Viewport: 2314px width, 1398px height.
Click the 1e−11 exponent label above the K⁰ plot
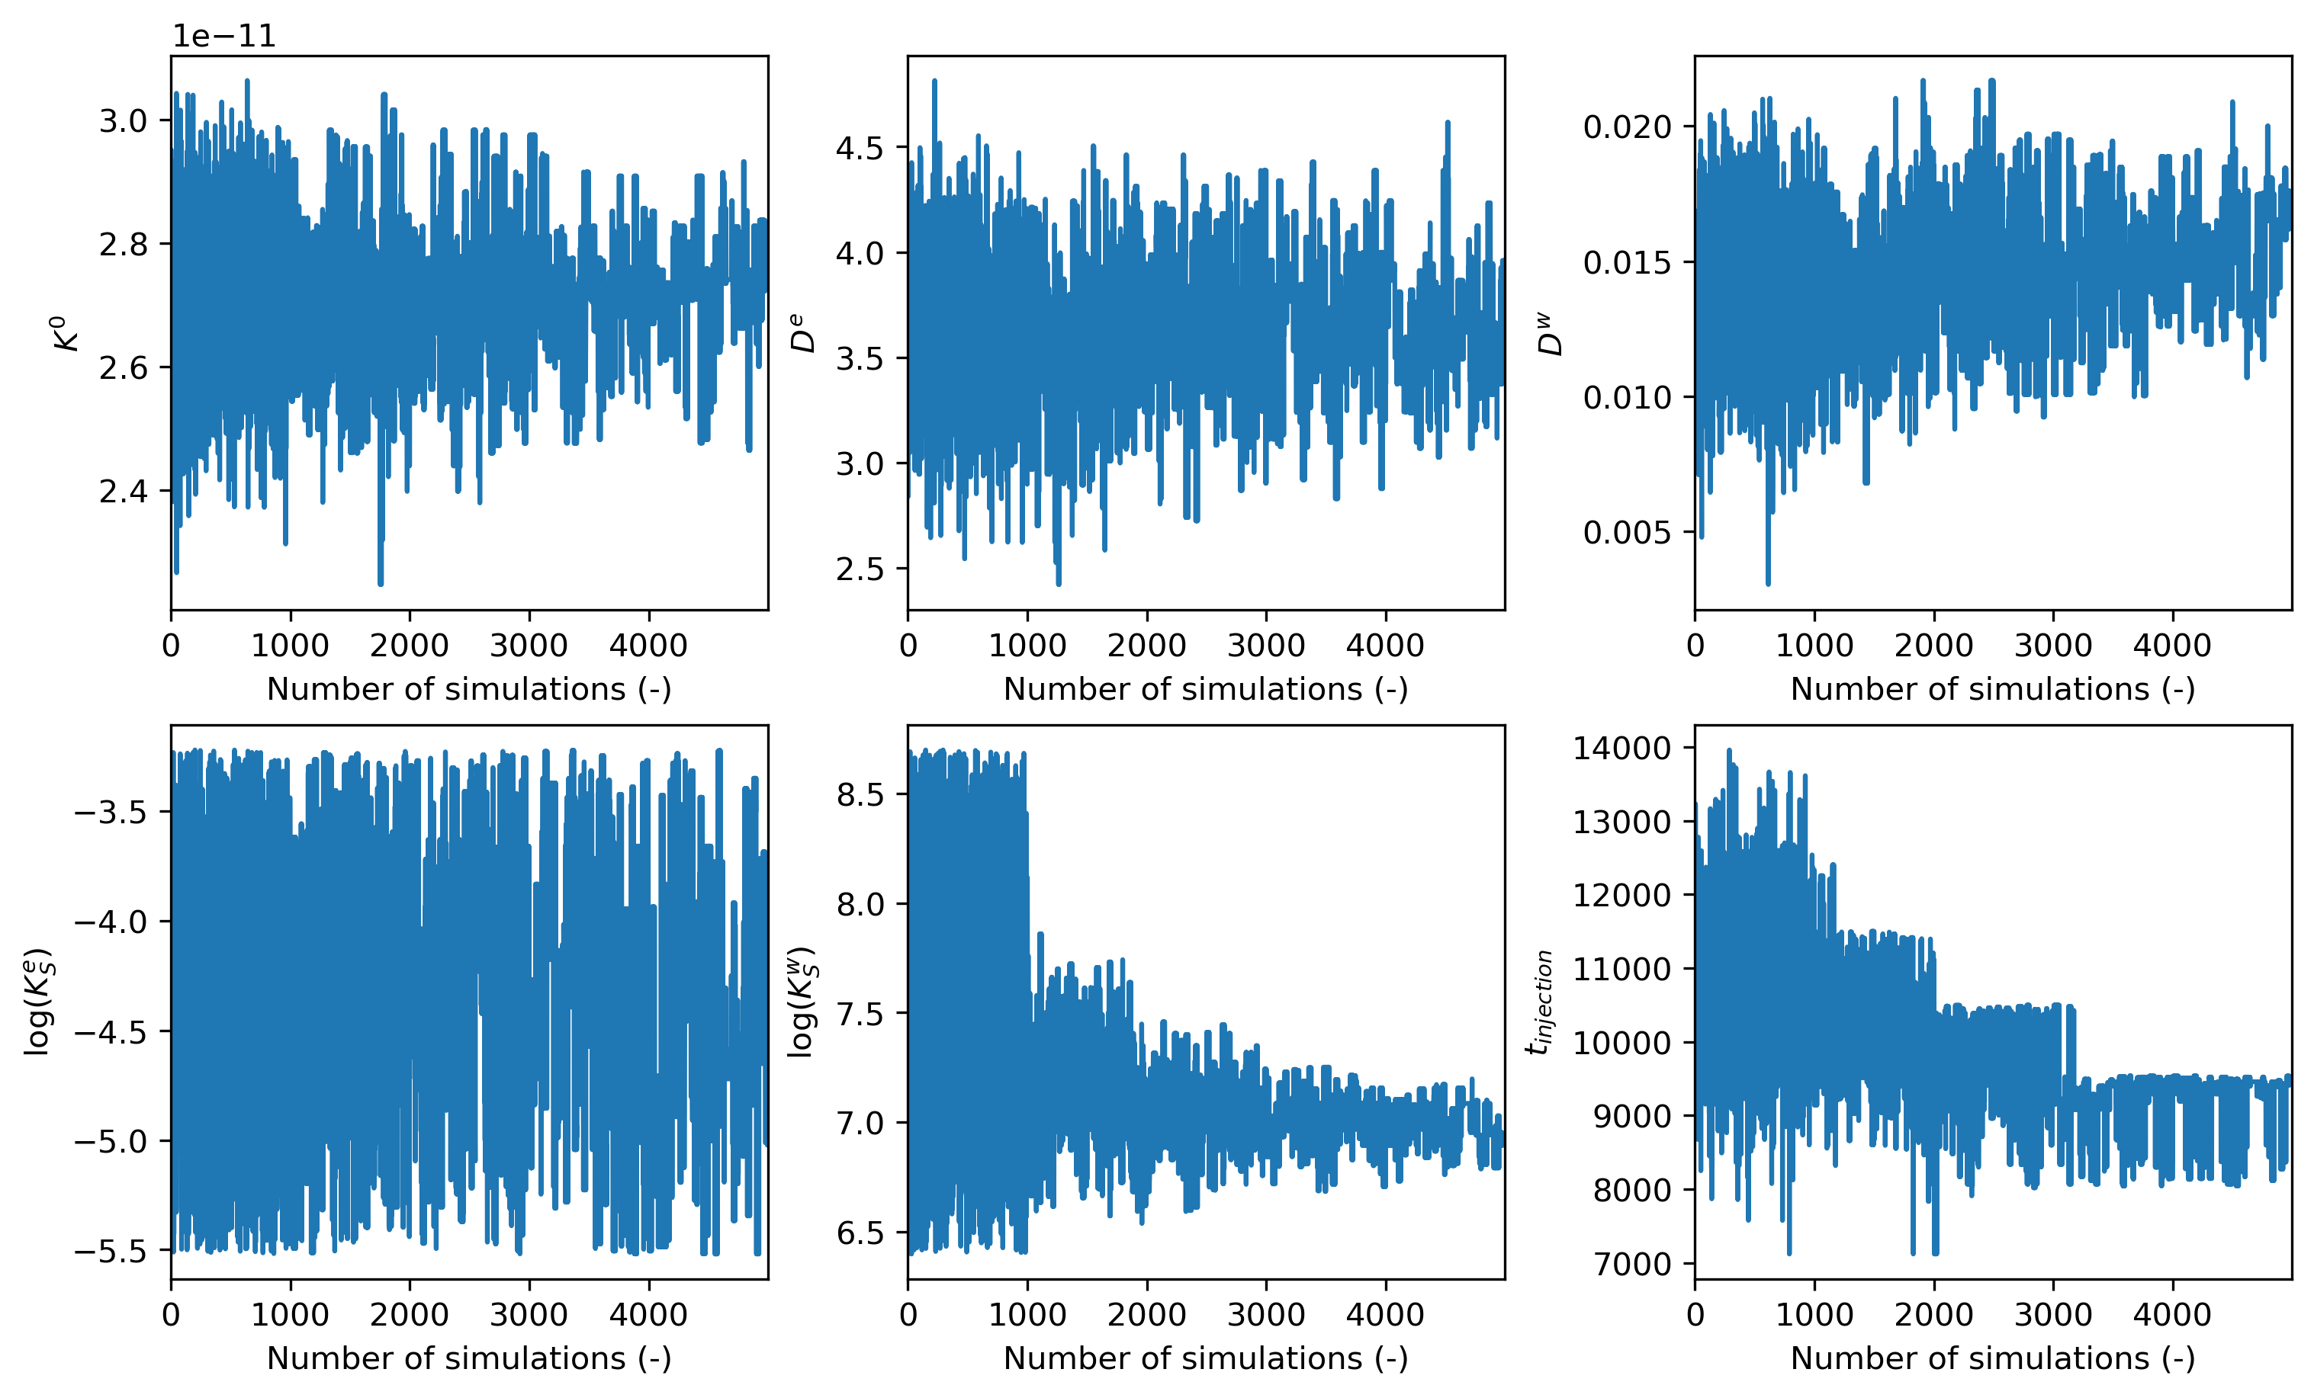point(223,36)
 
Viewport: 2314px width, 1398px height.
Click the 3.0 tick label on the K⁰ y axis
point(123,121)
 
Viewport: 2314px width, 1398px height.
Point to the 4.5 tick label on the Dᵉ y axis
point(860,149)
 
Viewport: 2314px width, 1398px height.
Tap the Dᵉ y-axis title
point(804,333)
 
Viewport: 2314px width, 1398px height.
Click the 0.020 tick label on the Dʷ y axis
point(1628,127)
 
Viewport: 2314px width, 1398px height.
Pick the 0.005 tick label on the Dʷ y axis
point(1628,532)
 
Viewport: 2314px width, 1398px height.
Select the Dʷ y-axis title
point(1551,333)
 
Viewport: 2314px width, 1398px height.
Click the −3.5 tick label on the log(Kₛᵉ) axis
point(110,812)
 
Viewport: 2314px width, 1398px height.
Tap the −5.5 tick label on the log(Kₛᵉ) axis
point(110,1252)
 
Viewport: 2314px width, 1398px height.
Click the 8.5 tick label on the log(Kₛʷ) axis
point(860,794)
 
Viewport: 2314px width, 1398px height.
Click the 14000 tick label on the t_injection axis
point(1622,749)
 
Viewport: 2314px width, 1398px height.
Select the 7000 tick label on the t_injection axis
point(1632,1265)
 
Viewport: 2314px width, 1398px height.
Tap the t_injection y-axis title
point(1539,1002)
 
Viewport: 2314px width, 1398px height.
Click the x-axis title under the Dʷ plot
point(1993,689)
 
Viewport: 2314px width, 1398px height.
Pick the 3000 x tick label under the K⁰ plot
point(529,646)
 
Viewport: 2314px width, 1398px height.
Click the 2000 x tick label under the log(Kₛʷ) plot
point(1146,1314)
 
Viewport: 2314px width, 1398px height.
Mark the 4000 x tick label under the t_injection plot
point(2172,1314)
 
